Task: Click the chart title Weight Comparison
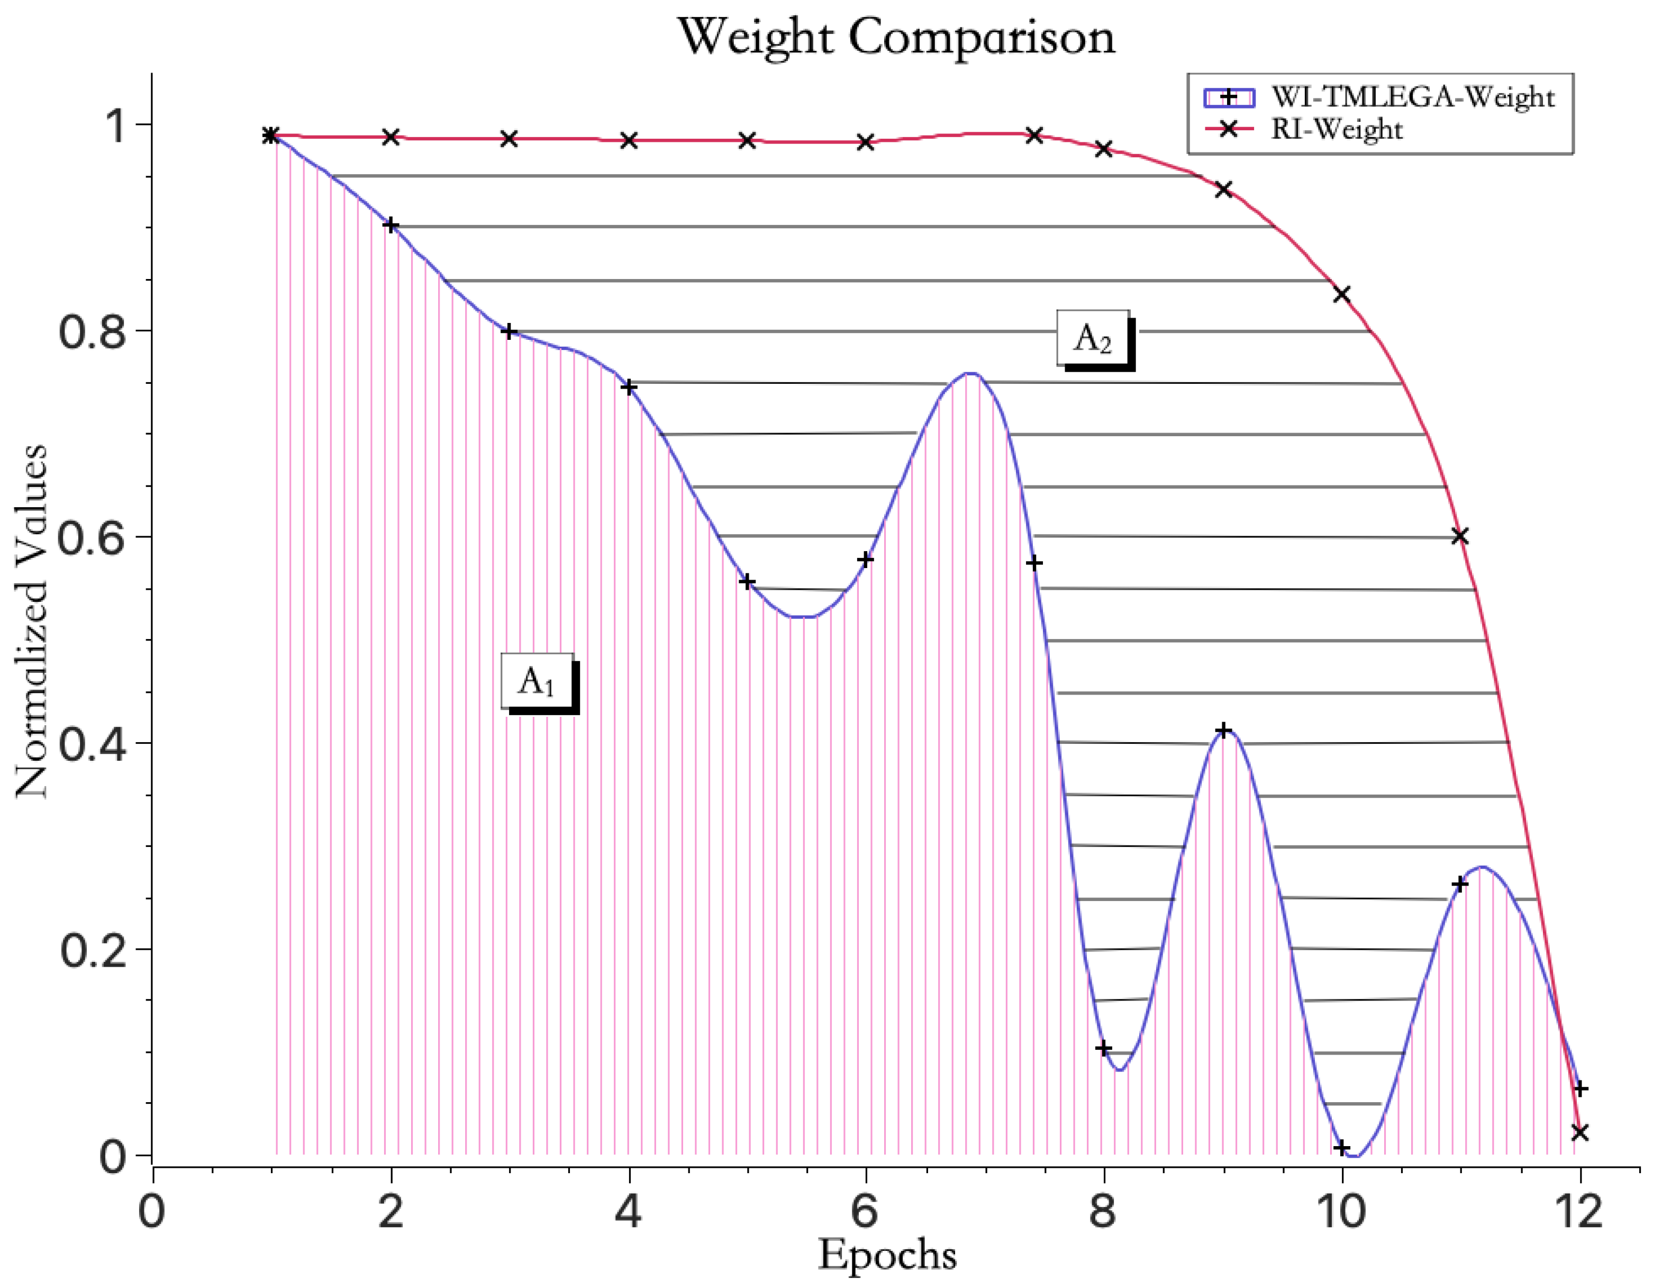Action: coord(896,37)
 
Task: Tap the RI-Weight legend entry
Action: coord(1337,130)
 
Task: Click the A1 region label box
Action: coord(537,681)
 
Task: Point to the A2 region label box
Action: coord(1093,338)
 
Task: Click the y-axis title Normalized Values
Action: coord(32,621)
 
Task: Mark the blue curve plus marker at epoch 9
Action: coord(1223,731)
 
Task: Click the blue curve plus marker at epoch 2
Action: coord(390,225)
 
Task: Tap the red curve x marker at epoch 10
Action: coord(1342,294)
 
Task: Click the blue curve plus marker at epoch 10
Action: coord(1342,1148)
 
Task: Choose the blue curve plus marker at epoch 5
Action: coord(747,581)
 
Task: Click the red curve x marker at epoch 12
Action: coord(1579,1132)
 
